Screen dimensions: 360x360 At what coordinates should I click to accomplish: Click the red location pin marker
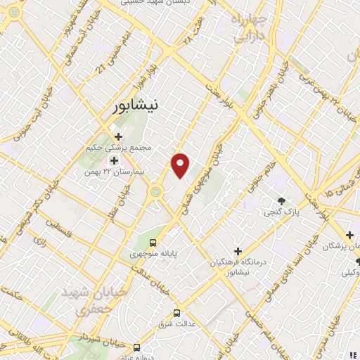[x=181, y=165]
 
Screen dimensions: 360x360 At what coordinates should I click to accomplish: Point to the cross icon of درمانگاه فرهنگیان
[x=238, y=251]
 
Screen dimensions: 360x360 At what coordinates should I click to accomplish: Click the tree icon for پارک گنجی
[x=282, y=201]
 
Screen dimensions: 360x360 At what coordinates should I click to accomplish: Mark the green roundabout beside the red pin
[x=155, y=191]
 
